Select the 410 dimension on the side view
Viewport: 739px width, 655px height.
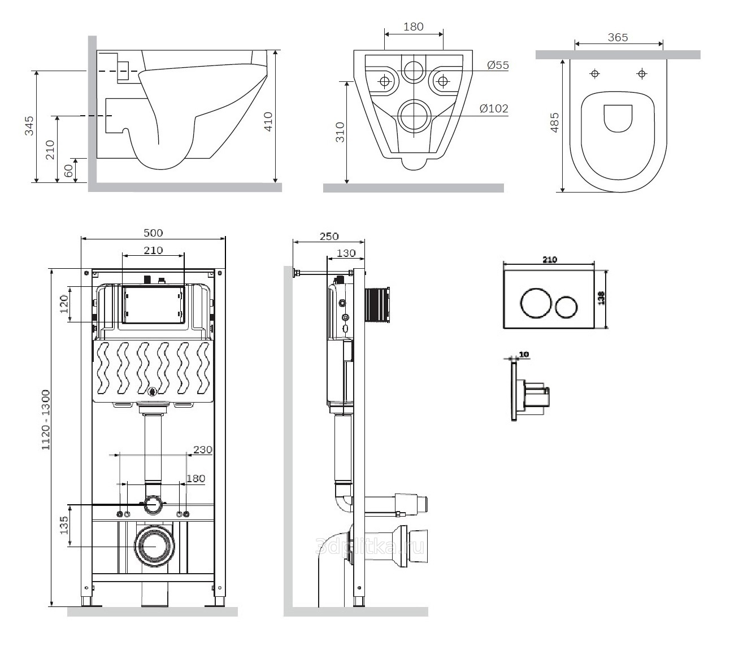pyautogui.click(x=268, y=122)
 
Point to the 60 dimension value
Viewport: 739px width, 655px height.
pyautogui.click(x=69, y=171)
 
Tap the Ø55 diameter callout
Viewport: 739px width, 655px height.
pyautogui.click(x=498, y=65)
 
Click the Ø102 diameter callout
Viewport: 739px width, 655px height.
pyautogui.click(x=494, y=108)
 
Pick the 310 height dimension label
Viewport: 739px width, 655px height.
pyautogui.click(x=340, y=132)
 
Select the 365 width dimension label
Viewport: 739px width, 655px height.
pyautogui.click(x=618, y=37)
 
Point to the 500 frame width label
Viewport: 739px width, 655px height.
pyautogui.click(x=153, y=233)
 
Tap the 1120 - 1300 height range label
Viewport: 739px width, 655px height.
pyautogui.click(x=46, y=420)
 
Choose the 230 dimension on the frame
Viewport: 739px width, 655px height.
pyautogui.click(x=203, y=450)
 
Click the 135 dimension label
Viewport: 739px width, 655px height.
pyautogui.click(x=64, y=525)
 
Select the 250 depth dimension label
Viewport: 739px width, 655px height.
pyautogui.click(x=329, y=237)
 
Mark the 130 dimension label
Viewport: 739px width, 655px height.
pyautogui.click(x=346, y=254)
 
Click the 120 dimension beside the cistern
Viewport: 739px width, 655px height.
pyautogui.click(x=64, y=304)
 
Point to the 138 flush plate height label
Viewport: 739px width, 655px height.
pyautogui.click(x=601, y=298)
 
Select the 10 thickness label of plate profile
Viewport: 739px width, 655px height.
pyautogui.click(x=524, y=355)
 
